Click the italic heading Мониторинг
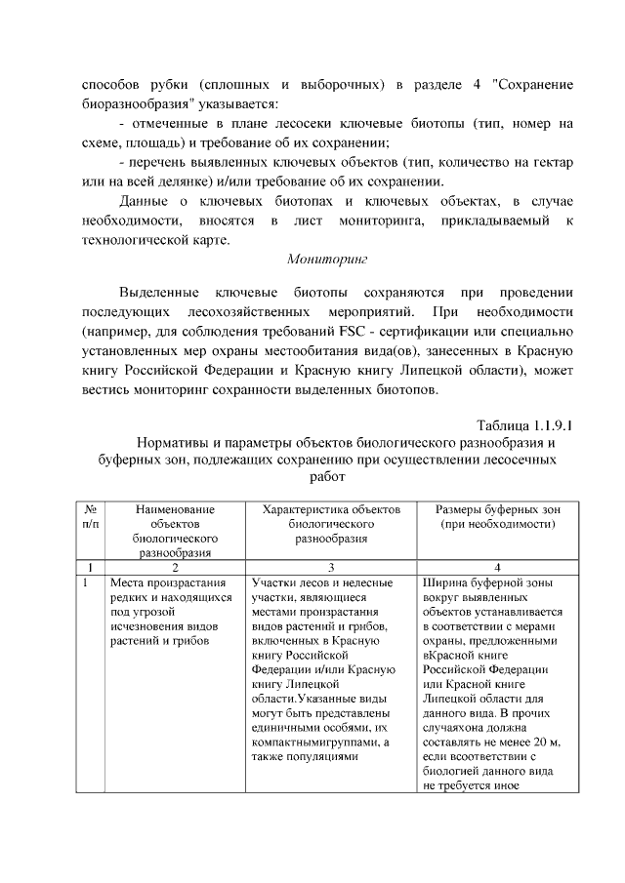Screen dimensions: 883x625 pyautogui.click(x=325, y=261)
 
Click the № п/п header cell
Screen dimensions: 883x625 pyautogui.click(x=90, y=516)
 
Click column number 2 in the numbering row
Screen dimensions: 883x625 pyautogui.click(x=175, y=566)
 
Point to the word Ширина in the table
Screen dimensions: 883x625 pyautogui.click(x=444, y=582)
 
